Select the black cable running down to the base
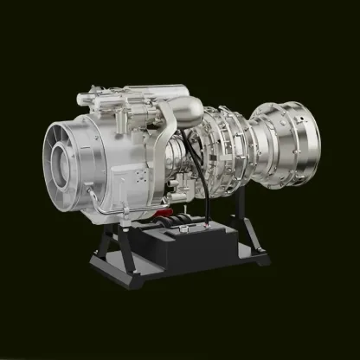(x=202, y=195)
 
